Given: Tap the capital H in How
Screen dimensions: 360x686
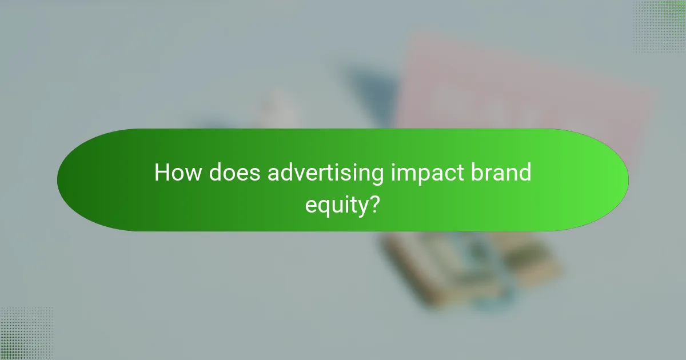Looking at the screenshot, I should point(162,173).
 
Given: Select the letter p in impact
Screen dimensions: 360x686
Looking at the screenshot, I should point(424,176).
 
